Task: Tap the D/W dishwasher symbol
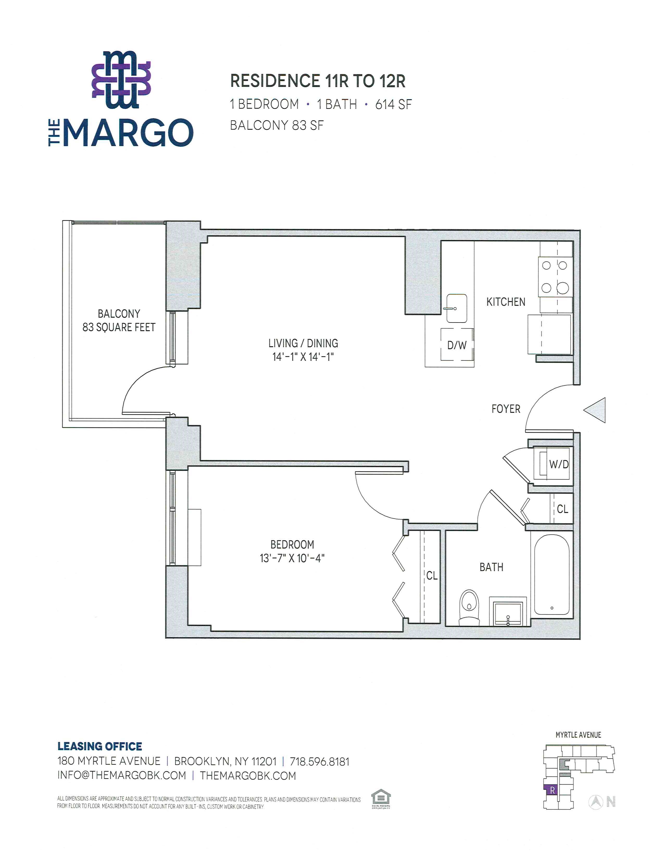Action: click(457, 345)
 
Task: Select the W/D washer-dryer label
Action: click(559, 464)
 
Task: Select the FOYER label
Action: click(506, 409)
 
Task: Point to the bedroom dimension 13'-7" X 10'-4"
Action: click(292, 558)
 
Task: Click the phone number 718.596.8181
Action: click(320, 773)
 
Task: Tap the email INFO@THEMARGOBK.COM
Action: click(122, 786)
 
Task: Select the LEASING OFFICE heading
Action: click(100, 757)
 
